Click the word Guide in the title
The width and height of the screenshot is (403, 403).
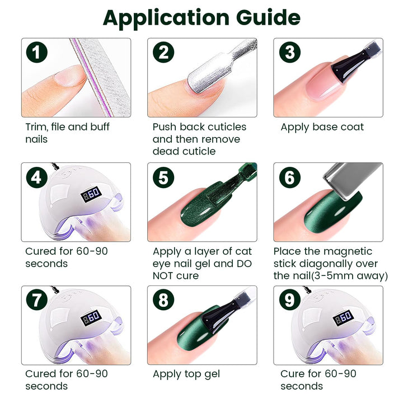click(268, 17)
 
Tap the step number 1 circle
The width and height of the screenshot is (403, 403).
click(37, 52)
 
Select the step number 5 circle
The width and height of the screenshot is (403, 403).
click(163, 177)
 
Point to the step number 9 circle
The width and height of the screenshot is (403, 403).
click(290, 299)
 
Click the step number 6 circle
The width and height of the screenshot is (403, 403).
click(290, 177)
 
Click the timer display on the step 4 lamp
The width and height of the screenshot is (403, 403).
click(91, 194)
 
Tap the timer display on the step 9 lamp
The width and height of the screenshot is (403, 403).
click(343, 318)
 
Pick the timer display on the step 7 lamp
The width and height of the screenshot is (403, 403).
click(91, 318)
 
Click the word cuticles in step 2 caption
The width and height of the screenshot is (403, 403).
click(227, 127)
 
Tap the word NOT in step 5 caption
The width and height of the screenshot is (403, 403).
click(163, 276)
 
